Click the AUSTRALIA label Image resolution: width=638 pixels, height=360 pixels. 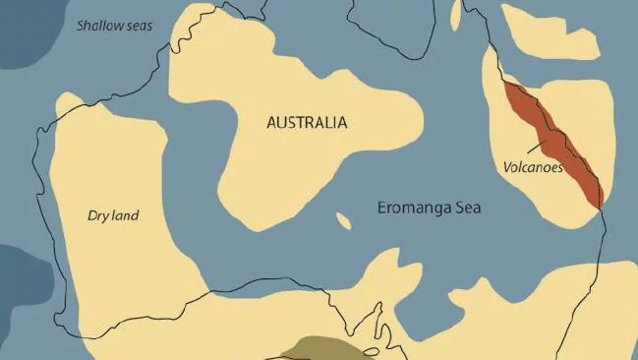(307, 123)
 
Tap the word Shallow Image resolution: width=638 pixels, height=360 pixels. (96, 24)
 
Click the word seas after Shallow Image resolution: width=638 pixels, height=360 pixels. (138, 24)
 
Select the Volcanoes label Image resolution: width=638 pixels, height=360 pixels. (533, 167)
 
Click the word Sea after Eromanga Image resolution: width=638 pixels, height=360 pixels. (468, 209)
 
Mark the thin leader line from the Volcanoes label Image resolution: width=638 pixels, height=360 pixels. (538, 148)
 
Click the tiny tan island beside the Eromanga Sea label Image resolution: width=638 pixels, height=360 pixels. (343, 220)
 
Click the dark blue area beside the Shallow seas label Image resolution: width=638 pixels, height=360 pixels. (20, 39)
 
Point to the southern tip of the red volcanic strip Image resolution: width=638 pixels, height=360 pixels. (596, 206)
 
